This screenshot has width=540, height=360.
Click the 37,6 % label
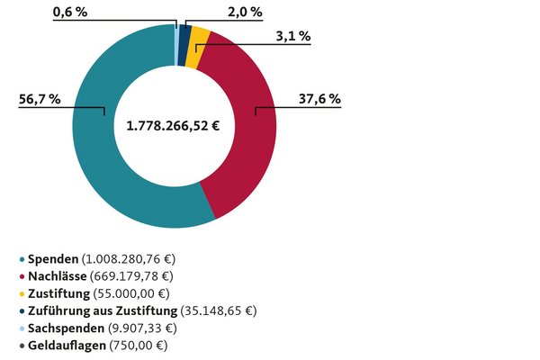[x=319, y=99]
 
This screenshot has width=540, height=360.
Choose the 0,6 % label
[x=71, y=12]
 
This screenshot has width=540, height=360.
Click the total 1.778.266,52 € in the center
[x=175, y=125]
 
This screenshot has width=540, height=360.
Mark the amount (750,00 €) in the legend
[x=138, y=345]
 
